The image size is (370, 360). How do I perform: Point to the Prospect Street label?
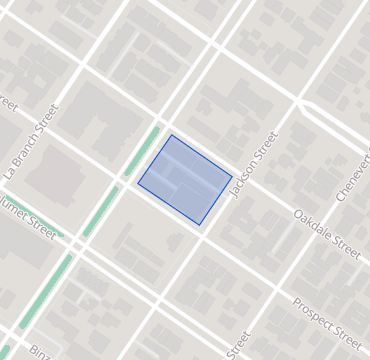(x=327, y=317)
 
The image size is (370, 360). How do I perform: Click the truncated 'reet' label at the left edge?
(x=8, y=105)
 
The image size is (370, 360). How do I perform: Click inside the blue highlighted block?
(x=185, y=180)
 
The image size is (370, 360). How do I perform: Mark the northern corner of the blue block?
(x=171, y=135)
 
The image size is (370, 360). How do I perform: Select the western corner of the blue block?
(x=137, y=183)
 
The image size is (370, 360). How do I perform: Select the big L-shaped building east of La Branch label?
(x=95, y=120)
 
